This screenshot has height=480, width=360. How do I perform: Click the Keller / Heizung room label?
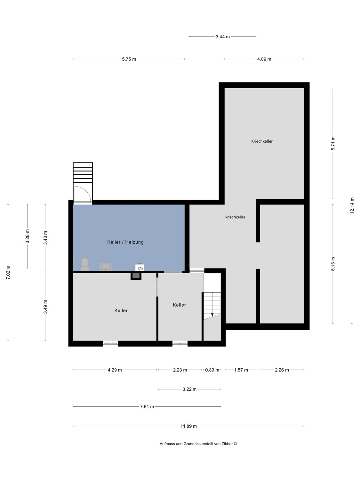pyautogui.click(x=125, y=242)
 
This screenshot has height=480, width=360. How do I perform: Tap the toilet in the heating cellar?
pyautogui.click(x=85, y=264)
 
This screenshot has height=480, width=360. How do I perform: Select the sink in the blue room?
pyautogui.click(x=106, y=267)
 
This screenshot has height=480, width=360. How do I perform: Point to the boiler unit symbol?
pyautogui.click(x=140, y=268)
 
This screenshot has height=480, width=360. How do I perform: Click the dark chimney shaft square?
pyautogui.click(x=136, y=276)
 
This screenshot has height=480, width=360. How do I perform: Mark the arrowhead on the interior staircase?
pyautogui.click(x=212, y=315)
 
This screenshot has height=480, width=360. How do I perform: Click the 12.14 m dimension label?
pyautogui.click(x=352, y=205)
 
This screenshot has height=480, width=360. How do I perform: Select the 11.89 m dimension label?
pyautogui.click(x=188, y=426)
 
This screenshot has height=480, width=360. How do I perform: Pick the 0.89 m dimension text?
pyautogui.click(x=212, y=370)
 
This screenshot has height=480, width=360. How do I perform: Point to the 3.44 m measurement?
pyautogui.click(x=223, y=37)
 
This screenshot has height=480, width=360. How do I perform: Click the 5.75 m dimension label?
pyautogui.click(x=129, y=59)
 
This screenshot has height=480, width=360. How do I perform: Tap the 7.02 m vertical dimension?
pyautogui.click(x=8, y=272)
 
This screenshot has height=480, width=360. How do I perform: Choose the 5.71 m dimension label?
pyautogui.click(x=333, y=143)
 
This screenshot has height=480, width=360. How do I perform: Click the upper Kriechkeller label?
pyautogui.click(x=262, y=141)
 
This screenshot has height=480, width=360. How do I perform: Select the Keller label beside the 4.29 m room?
pyautogui.click(x=121, y=310)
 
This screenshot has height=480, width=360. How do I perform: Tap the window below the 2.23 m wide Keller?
pyautogui.click(x=180, y=344)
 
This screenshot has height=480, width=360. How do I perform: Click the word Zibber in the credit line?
pyautogui.click(x=227, y=444)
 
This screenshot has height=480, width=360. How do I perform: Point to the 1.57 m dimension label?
pyautogui.click(x=241, y=370)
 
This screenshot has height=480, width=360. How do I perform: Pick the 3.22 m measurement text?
pyautogui.click(x=189, y=389)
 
